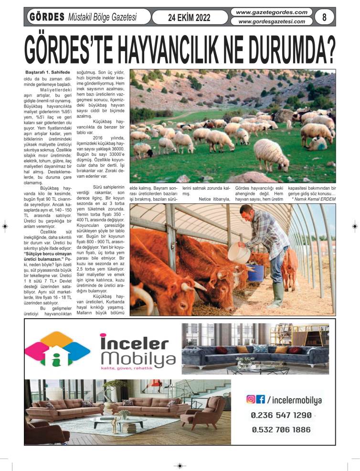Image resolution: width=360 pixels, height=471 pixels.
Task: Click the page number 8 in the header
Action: coord(325,17)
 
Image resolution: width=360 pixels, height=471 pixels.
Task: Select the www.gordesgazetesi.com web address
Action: coord(272,21)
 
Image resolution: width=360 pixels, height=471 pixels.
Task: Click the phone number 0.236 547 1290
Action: coord(281,415)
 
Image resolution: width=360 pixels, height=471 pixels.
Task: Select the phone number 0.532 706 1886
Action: coord(281,429)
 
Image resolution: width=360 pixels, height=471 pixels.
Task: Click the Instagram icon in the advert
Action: coord(250,399)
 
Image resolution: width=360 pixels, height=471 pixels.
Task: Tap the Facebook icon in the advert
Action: coord(261,399)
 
